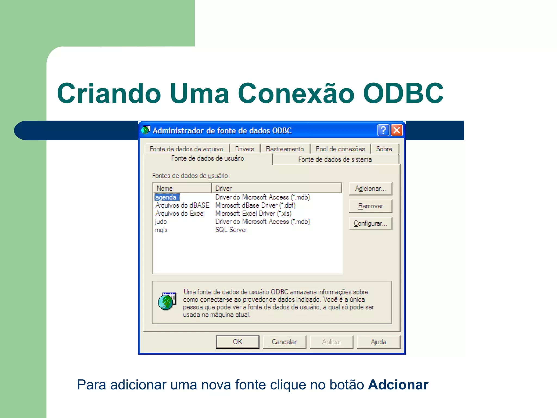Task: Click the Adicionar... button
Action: pyautogui.click(x=370, y=189)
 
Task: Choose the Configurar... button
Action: pyautogui.click(x=370, y=223)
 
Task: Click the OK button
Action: pyautogui.click(x=237, y=342)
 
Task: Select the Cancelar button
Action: pyautogui.click(x=284, y=342)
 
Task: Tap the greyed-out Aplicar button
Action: pyautogui.click(x=331, y=342)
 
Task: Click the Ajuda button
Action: pyautogui.click(x=378, y=342)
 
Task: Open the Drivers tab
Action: pyautogui.click(x=244, y=149)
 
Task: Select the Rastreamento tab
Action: pyautogui.click(x=284, y=149)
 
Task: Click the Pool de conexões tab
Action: pyautogui.click(x=340, y=149)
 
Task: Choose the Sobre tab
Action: pyautogui.click(x=384, y=149)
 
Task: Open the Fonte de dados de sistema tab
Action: pyautogui.click(x=335, y=159)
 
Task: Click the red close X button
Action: pyautogui.click(x=397, y=130)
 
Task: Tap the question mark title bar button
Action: pyautogui.click(x=383, y=130)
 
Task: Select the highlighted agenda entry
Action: pyautogui.click(x=166, y=197)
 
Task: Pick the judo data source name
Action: pyautogui.click(x=161, y=222)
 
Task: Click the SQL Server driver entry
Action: pyautogui.click(x=231, y=230)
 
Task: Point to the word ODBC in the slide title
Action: pyautogui.click(x=403, y=93)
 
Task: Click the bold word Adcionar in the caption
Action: pyautogui.click(x=398, y=385)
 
